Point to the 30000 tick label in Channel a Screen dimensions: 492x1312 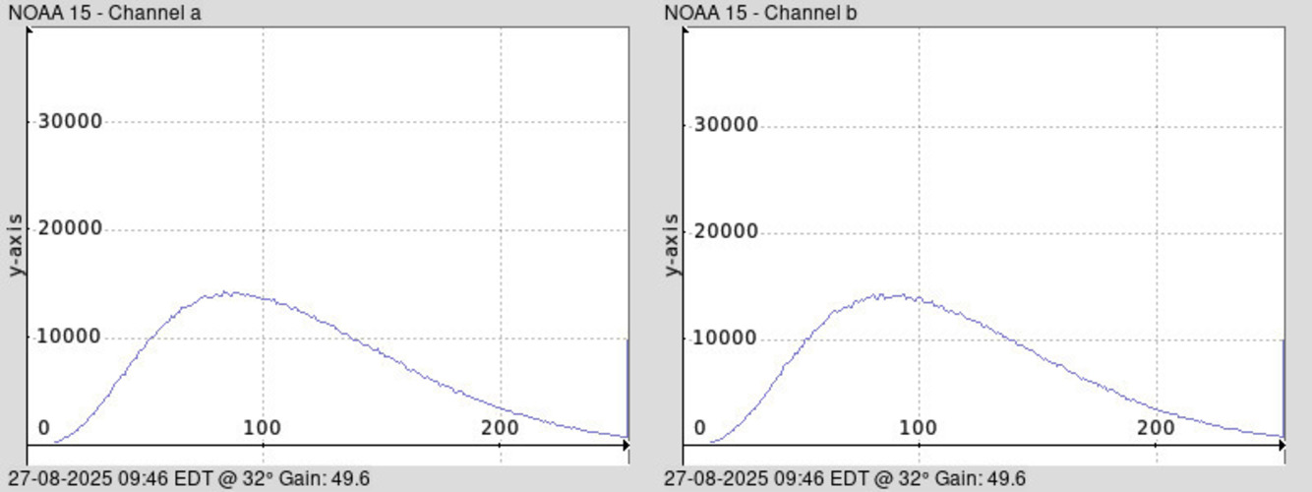click(70, 122)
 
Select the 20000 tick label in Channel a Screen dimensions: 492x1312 click(70, 229)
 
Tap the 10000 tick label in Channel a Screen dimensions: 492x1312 click(70, 338)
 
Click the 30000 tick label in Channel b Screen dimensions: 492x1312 click(726, 125)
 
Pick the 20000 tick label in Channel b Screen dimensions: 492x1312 click(726, 232)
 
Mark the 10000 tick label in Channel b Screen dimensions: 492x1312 click(726, 338)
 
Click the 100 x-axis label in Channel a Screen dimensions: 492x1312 click(263, 428)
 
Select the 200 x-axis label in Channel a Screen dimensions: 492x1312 click(501, 428)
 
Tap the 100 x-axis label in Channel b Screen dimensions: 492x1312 click(919, 428)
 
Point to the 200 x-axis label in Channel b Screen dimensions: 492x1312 click(1156, 428)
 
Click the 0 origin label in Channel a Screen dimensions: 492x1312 click(43, 428)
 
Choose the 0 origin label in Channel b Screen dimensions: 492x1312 click(699, 428)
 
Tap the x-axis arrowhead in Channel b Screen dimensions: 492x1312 click(1281, 446)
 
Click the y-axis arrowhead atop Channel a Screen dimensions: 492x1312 click(29, 31)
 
